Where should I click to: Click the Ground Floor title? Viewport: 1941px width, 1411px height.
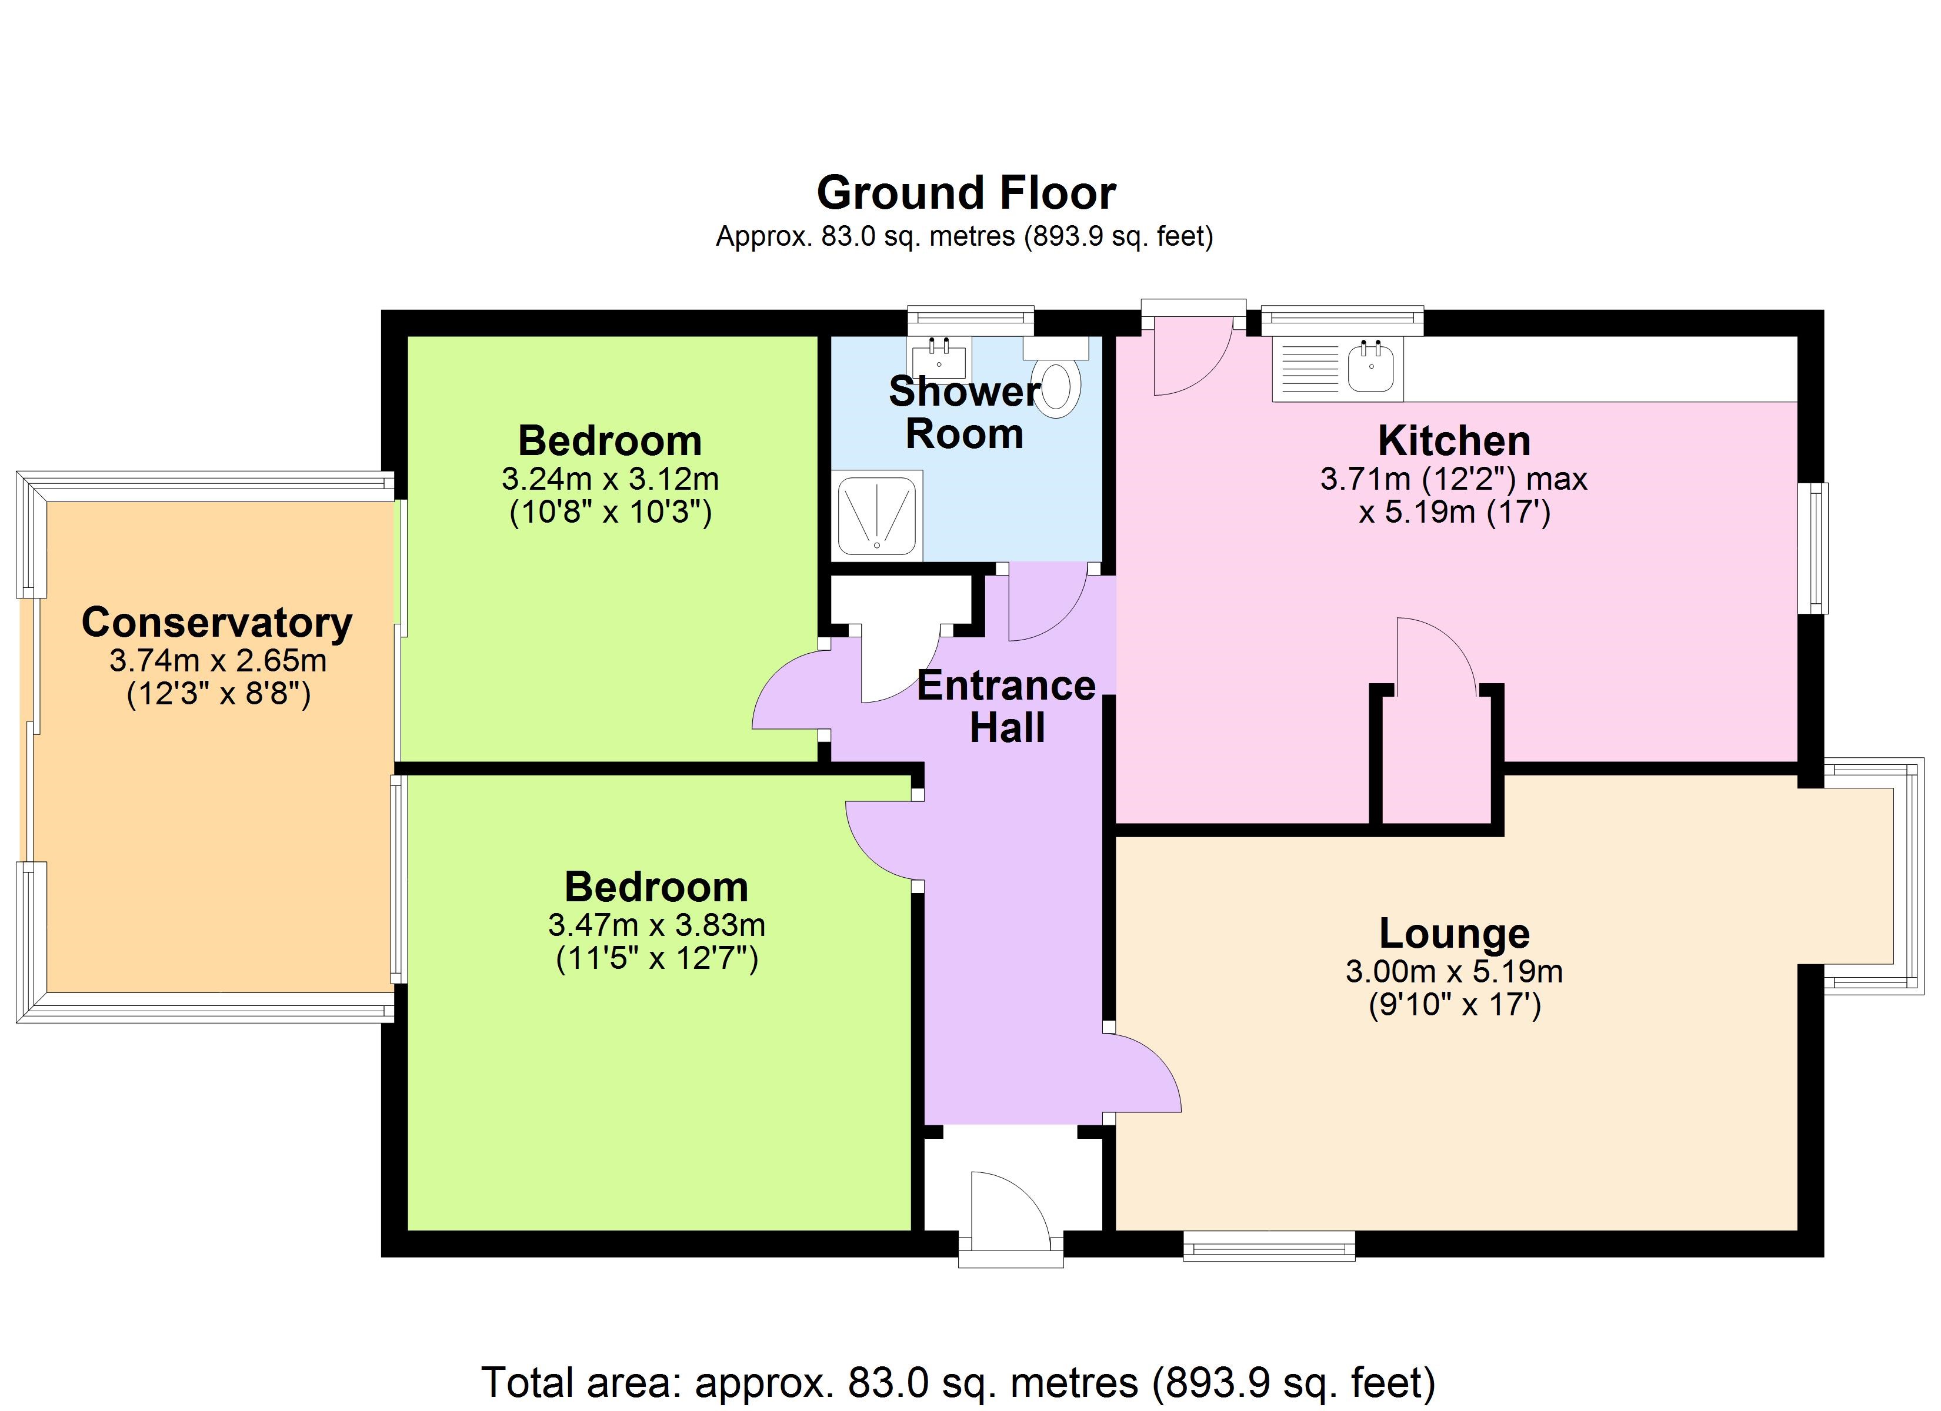click(966, 193)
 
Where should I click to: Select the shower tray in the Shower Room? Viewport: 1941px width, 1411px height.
click(877, 516)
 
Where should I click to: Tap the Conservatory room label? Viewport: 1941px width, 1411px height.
click(218, 623)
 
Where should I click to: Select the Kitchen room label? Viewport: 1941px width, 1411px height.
click(1454, 442)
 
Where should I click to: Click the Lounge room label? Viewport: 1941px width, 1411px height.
click(1455, 934)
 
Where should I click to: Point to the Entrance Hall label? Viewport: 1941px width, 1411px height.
click(1006, 707)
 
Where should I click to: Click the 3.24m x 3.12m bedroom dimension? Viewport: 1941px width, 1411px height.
click(610, 479)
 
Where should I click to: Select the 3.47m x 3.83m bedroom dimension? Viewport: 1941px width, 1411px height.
click(657, 925)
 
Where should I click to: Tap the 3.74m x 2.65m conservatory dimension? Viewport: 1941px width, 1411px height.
click(218, 661)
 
